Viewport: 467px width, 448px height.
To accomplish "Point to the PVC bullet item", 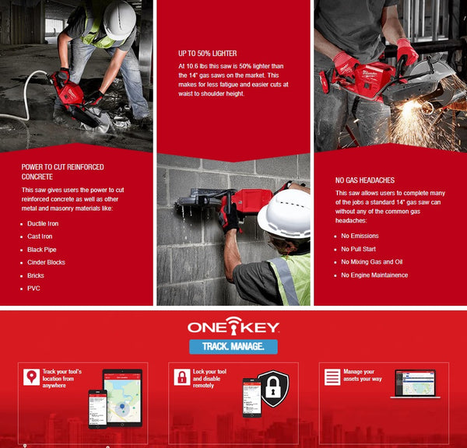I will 33,289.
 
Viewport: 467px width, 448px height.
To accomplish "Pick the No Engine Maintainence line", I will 374,275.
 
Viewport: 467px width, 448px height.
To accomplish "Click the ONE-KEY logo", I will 233,327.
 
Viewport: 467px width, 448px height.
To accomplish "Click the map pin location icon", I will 31,376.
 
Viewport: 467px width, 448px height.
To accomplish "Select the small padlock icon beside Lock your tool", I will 181,376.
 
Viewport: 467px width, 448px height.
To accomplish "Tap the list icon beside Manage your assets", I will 332,376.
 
